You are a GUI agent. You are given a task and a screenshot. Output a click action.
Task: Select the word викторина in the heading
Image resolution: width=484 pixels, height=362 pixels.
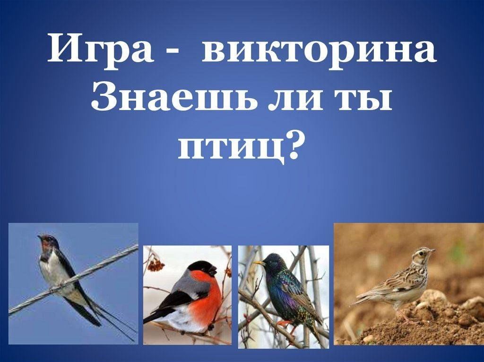(319, 50)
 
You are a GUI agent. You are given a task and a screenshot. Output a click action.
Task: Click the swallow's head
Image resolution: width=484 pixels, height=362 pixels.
(47, 242)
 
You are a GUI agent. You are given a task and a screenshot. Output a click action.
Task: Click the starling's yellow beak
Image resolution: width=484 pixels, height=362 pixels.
(259, 263)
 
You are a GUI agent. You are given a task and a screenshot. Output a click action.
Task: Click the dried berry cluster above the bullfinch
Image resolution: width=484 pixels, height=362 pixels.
(156, 264)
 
